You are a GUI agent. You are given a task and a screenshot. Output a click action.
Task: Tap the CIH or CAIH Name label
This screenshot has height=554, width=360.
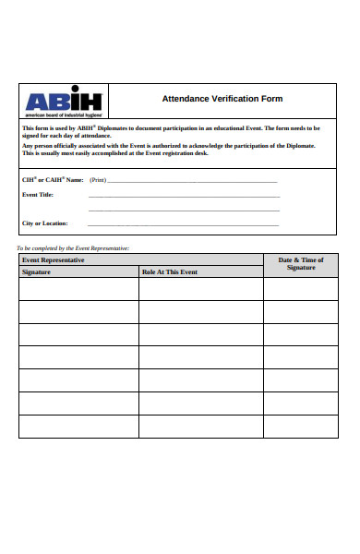pyautogui.click(x=53, y=179)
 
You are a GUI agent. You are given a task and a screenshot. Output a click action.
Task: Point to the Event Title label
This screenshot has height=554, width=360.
pyautogui.click(x=38, y=195)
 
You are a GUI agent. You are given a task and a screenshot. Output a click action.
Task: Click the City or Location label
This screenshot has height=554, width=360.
pyautogui.click(x=44, y=223)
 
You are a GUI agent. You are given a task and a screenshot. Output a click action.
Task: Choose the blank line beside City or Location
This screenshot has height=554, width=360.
pyautogui.click(x=183, y=224)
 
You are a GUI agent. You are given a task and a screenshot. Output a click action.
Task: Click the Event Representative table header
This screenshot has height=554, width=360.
pyautogui.click(x=54, y=260)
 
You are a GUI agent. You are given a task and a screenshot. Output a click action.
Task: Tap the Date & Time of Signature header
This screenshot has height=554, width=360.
pyautogui.click(x=301, y=264)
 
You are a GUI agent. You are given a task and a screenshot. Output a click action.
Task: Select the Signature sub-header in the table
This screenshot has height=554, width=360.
pyautogui.click(x=37, y=272)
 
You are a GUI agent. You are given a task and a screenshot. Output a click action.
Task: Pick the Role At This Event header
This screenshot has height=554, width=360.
pyautogui.click(x=170, y=272)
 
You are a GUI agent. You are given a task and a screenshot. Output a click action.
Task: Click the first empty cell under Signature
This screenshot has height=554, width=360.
pyautogui.click(x=78, y=289)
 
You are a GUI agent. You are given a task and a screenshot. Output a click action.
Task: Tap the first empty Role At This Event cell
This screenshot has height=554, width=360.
pyautogui.click(x=200, y=289)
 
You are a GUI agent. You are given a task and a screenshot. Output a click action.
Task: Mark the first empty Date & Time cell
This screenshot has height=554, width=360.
pyautogui.click(x=300, y=289)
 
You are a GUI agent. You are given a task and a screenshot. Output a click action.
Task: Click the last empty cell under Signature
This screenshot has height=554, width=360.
pyautogui.click(x=78, y=427)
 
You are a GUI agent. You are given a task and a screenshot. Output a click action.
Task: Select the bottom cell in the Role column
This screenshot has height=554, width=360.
pyautogui.click(x=200, y=427)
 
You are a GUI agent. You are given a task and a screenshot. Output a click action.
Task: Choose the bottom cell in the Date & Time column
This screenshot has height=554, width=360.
pyautogui.click(x=300, y=427)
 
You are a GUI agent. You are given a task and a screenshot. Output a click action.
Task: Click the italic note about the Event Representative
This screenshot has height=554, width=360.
pyautogui.click(x=74, y=248)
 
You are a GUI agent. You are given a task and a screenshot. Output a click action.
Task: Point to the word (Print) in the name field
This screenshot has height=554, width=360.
pyautogui.click(x=98, y=180)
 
